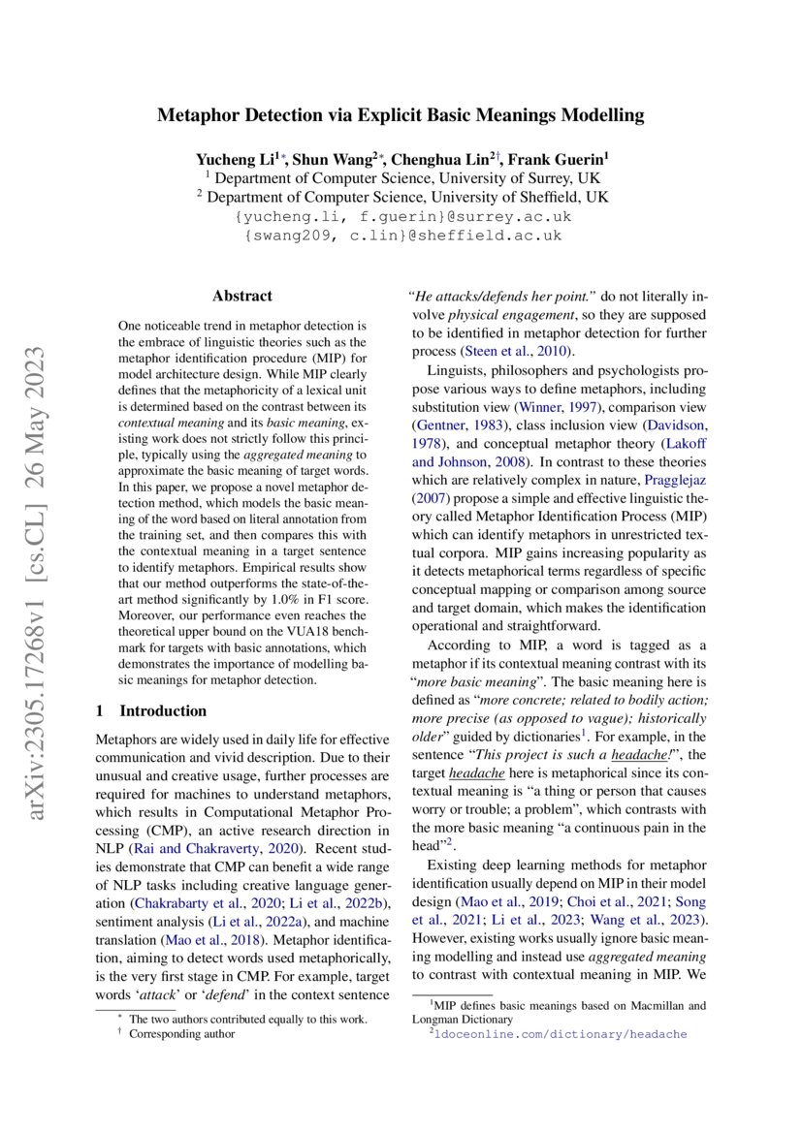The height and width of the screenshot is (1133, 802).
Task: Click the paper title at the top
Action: [x=401, y=116]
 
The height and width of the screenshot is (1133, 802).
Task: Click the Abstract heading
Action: [x=242, y=297]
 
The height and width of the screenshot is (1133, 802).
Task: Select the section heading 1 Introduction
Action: [x=151, y=710]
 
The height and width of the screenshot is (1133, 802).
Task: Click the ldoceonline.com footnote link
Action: [x=558, y=1034]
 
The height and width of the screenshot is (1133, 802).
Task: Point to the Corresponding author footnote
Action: [x=182, y=1033]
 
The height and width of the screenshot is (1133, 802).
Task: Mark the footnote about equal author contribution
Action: [x=248, y=1019]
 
